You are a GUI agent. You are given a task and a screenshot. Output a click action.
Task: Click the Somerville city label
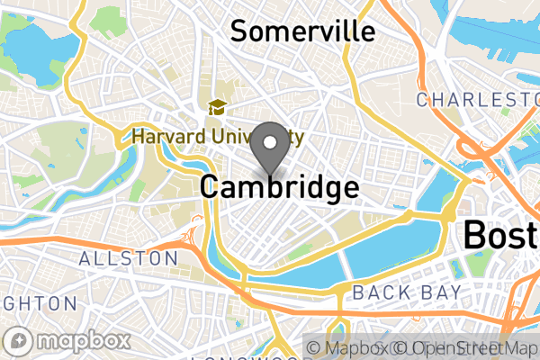[x=301, y=31]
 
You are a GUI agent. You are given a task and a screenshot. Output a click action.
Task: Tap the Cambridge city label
[x=279, y=187]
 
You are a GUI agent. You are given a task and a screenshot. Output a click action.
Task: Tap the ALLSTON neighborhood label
[x=129, y=258]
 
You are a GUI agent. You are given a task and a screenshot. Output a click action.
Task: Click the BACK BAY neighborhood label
[x=406, y=292]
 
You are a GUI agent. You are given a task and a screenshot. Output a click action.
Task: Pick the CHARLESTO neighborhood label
[x=477, y=98]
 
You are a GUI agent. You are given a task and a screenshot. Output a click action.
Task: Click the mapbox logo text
[x=82, y=342]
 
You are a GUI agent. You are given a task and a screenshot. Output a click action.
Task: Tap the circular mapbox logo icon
[x=20, y=342]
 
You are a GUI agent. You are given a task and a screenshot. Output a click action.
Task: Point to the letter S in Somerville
[x=240, y=31]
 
